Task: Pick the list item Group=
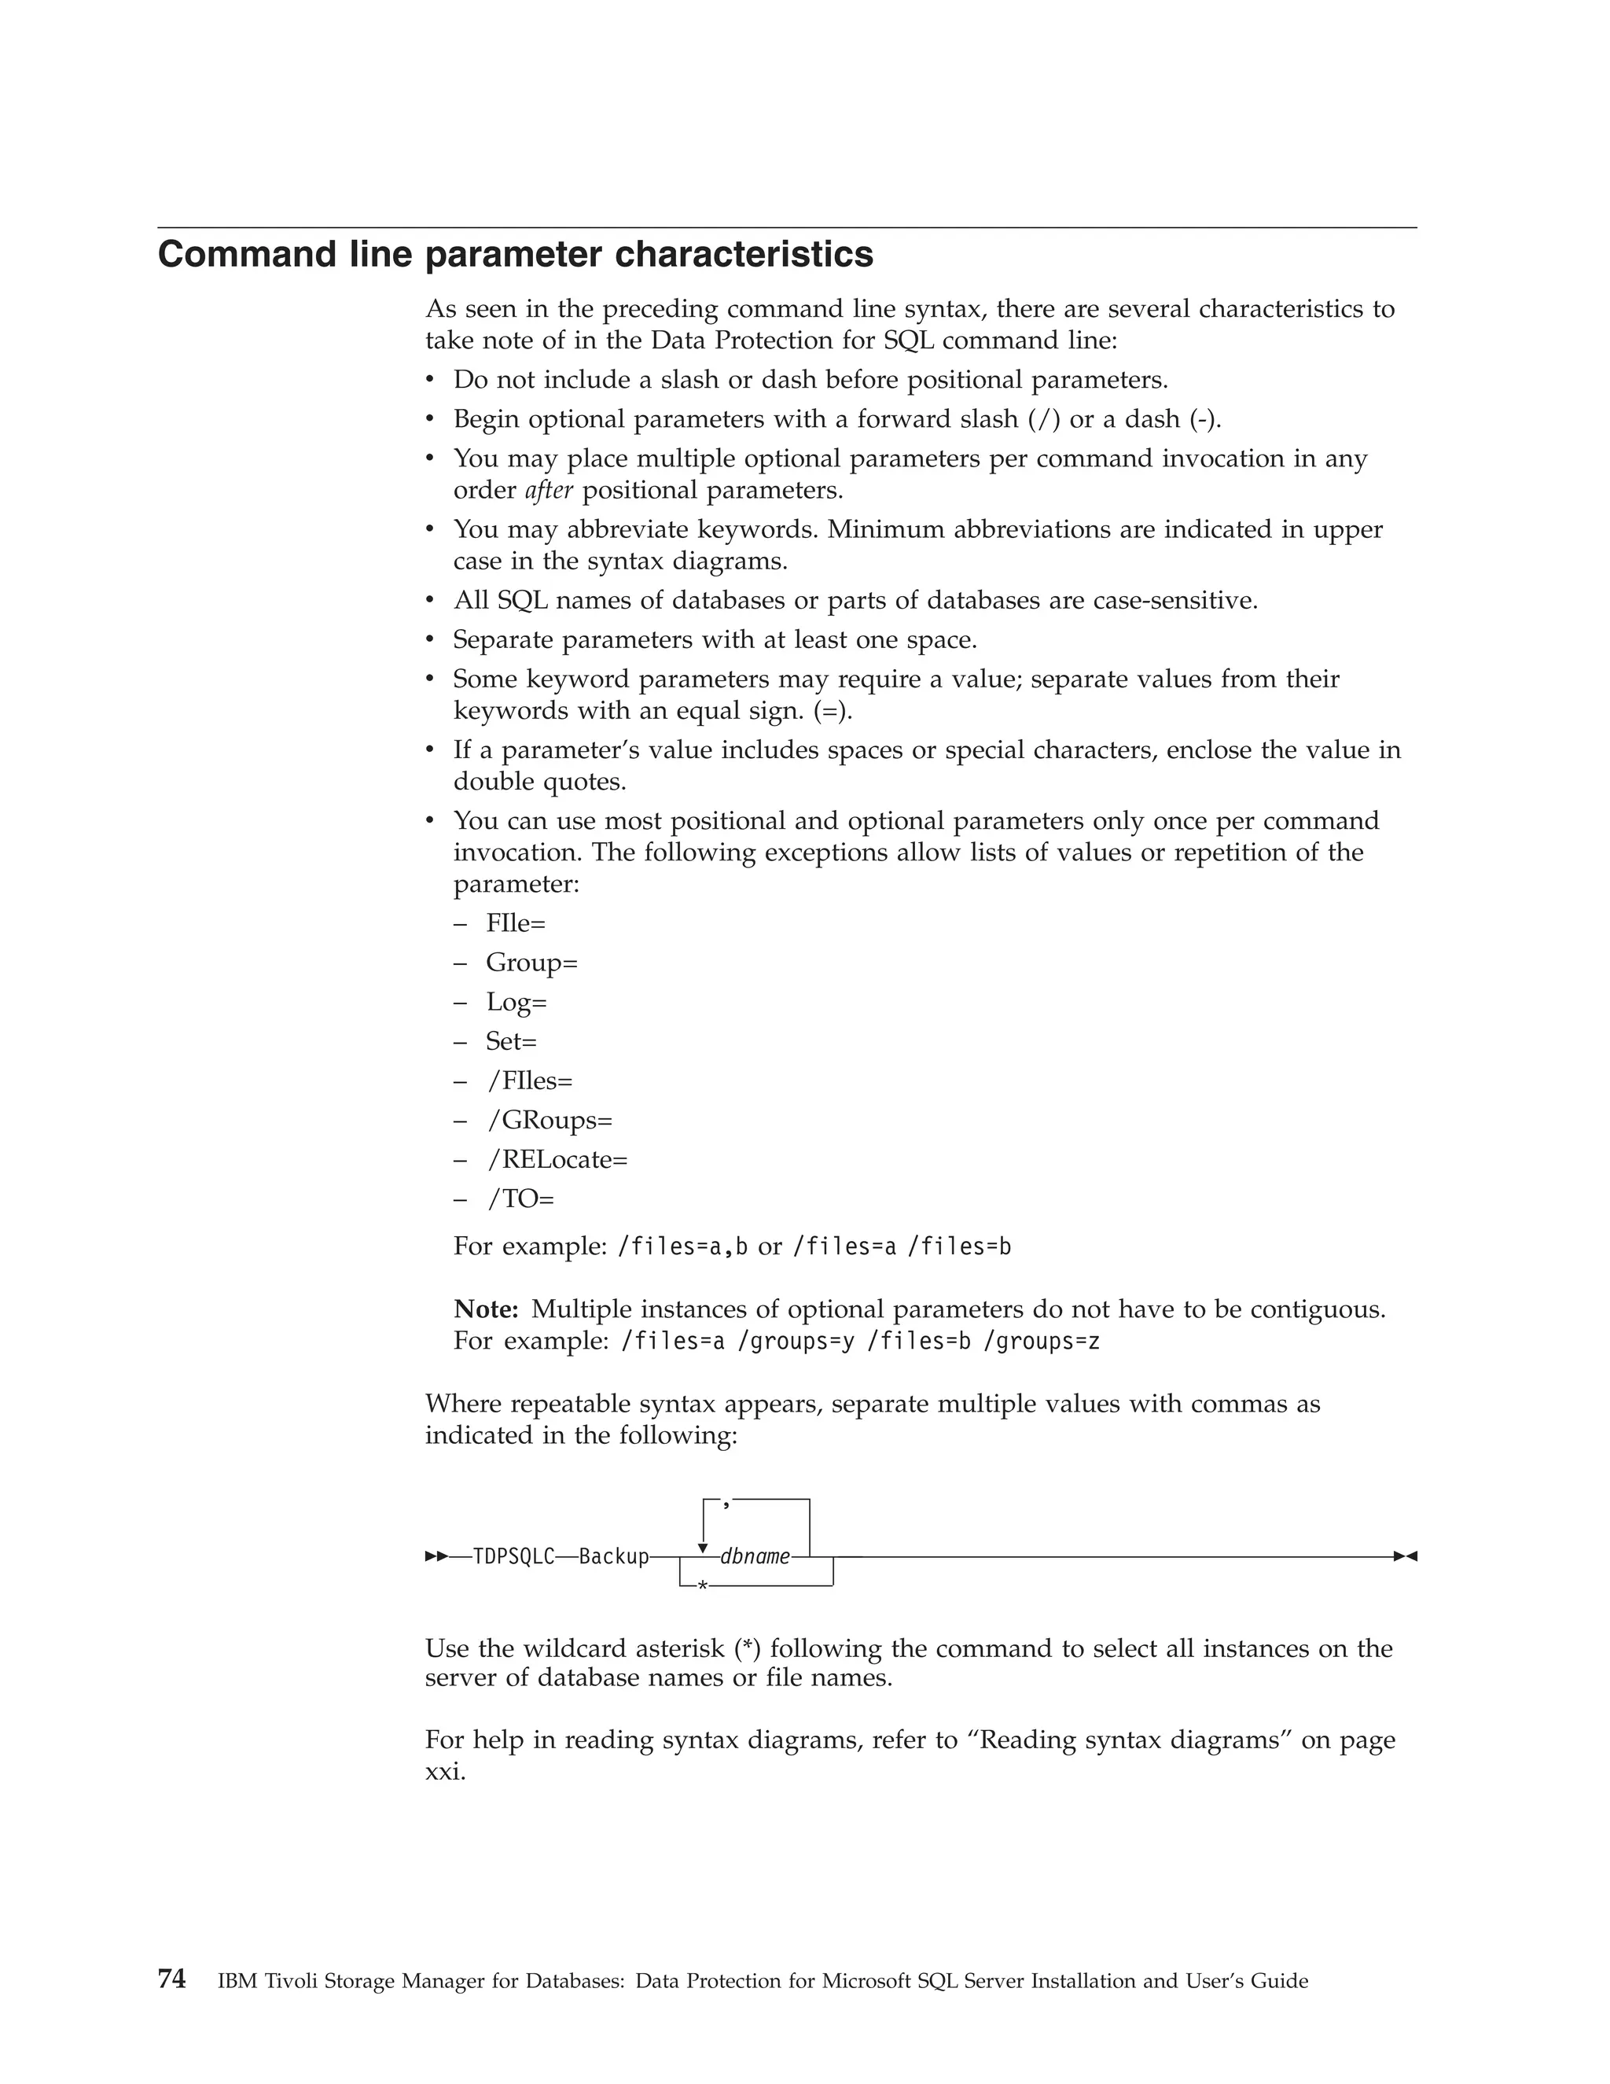pos(531,962)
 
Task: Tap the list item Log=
pos(516,1002)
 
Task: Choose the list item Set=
pos(511,1041)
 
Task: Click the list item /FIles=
pos(531,1081)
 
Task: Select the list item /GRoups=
pos(550,1119)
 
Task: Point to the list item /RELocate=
pos(557,1159)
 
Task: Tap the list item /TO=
pos(520,1198)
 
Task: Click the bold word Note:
pos(486,1309)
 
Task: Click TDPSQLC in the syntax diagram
pos(513,1557)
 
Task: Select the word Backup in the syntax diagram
pos(613,1557)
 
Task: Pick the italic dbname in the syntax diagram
pos(755,1557)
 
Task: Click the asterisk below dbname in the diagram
pos(702,1585)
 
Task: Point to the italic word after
pos(549,491)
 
